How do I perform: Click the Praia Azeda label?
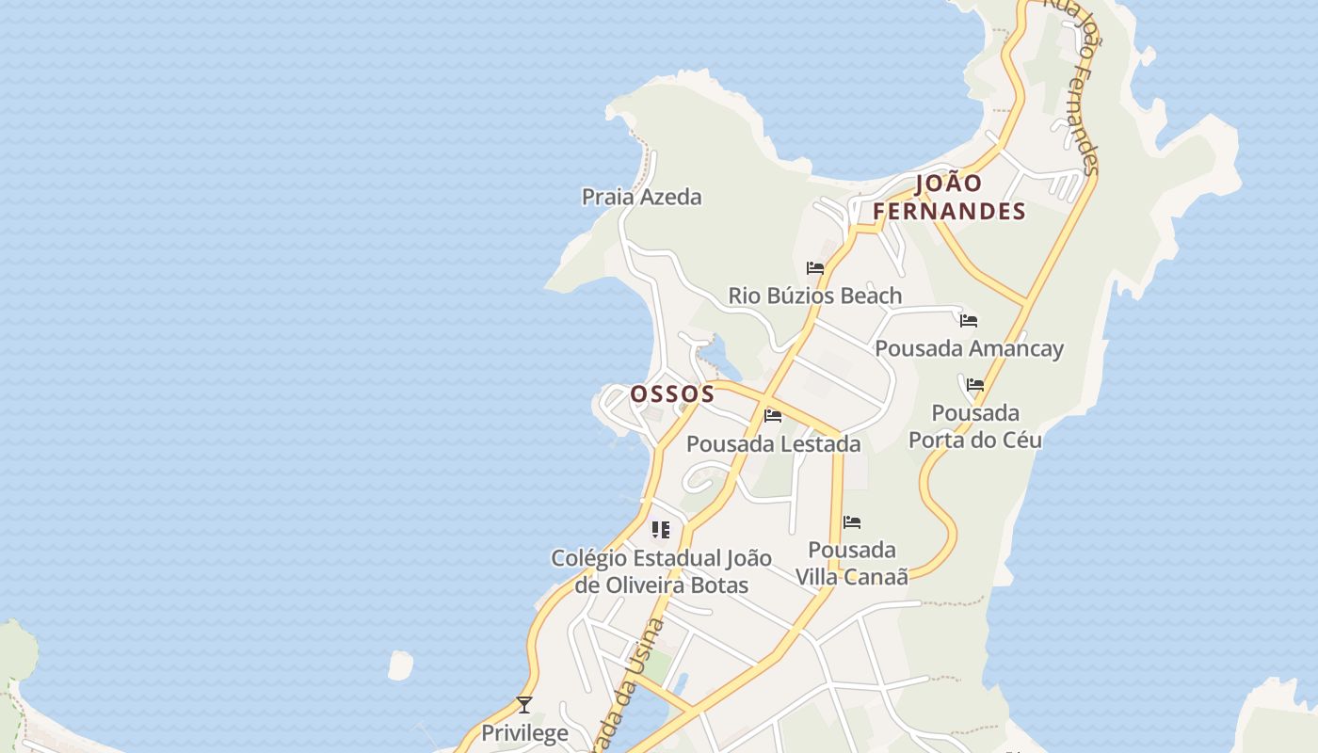pyautogui.click(x=641, y=197)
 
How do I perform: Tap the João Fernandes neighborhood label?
pyautogui.click(x=949, y=197)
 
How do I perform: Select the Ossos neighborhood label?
pyautogui.click(x=672, y=393)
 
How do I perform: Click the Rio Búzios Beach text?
pyautogui.click(x=814, y=296)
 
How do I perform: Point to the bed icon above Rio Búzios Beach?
pyautogui.click(x=815, y=268)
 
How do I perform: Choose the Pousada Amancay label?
pyautogui.click(x=969, y=348)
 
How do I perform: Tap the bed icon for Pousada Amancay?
pyautogui.click(x=969, y=321)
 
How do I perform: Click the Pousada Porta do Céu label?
pyautogui.click(x=975, y=426)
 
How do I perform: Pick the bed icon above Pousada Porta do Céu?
pyautogui.click(x=975, y=385)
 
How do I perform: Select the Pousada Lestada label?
pyautogui.click(x=773, y=443)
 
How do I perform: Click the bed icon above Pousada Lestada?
pyautogui.click(x=773, y=416)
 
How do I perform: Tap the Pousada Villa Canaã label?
pyautogui.click(x=852, y=563)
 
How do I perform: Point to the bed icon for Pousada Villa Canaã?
pyautogui.click(x=852, y=522)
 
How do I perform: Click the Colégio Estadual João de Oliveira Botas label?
pyautogui.click(x=661, y=571)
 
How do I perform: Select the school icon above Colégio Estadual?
pyautogui.click(x=661, y=530)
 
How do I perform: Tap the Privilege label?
pyautogui.click(x=524, y=732)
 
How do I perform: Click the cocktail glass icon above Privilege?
pyautogui.click(x=524, y=705)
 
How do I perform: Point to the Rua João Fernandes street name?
pyautogui.click(x=1073, y=85)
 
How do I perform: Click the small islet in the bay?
pyautogui.click(x=400, y=665)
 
